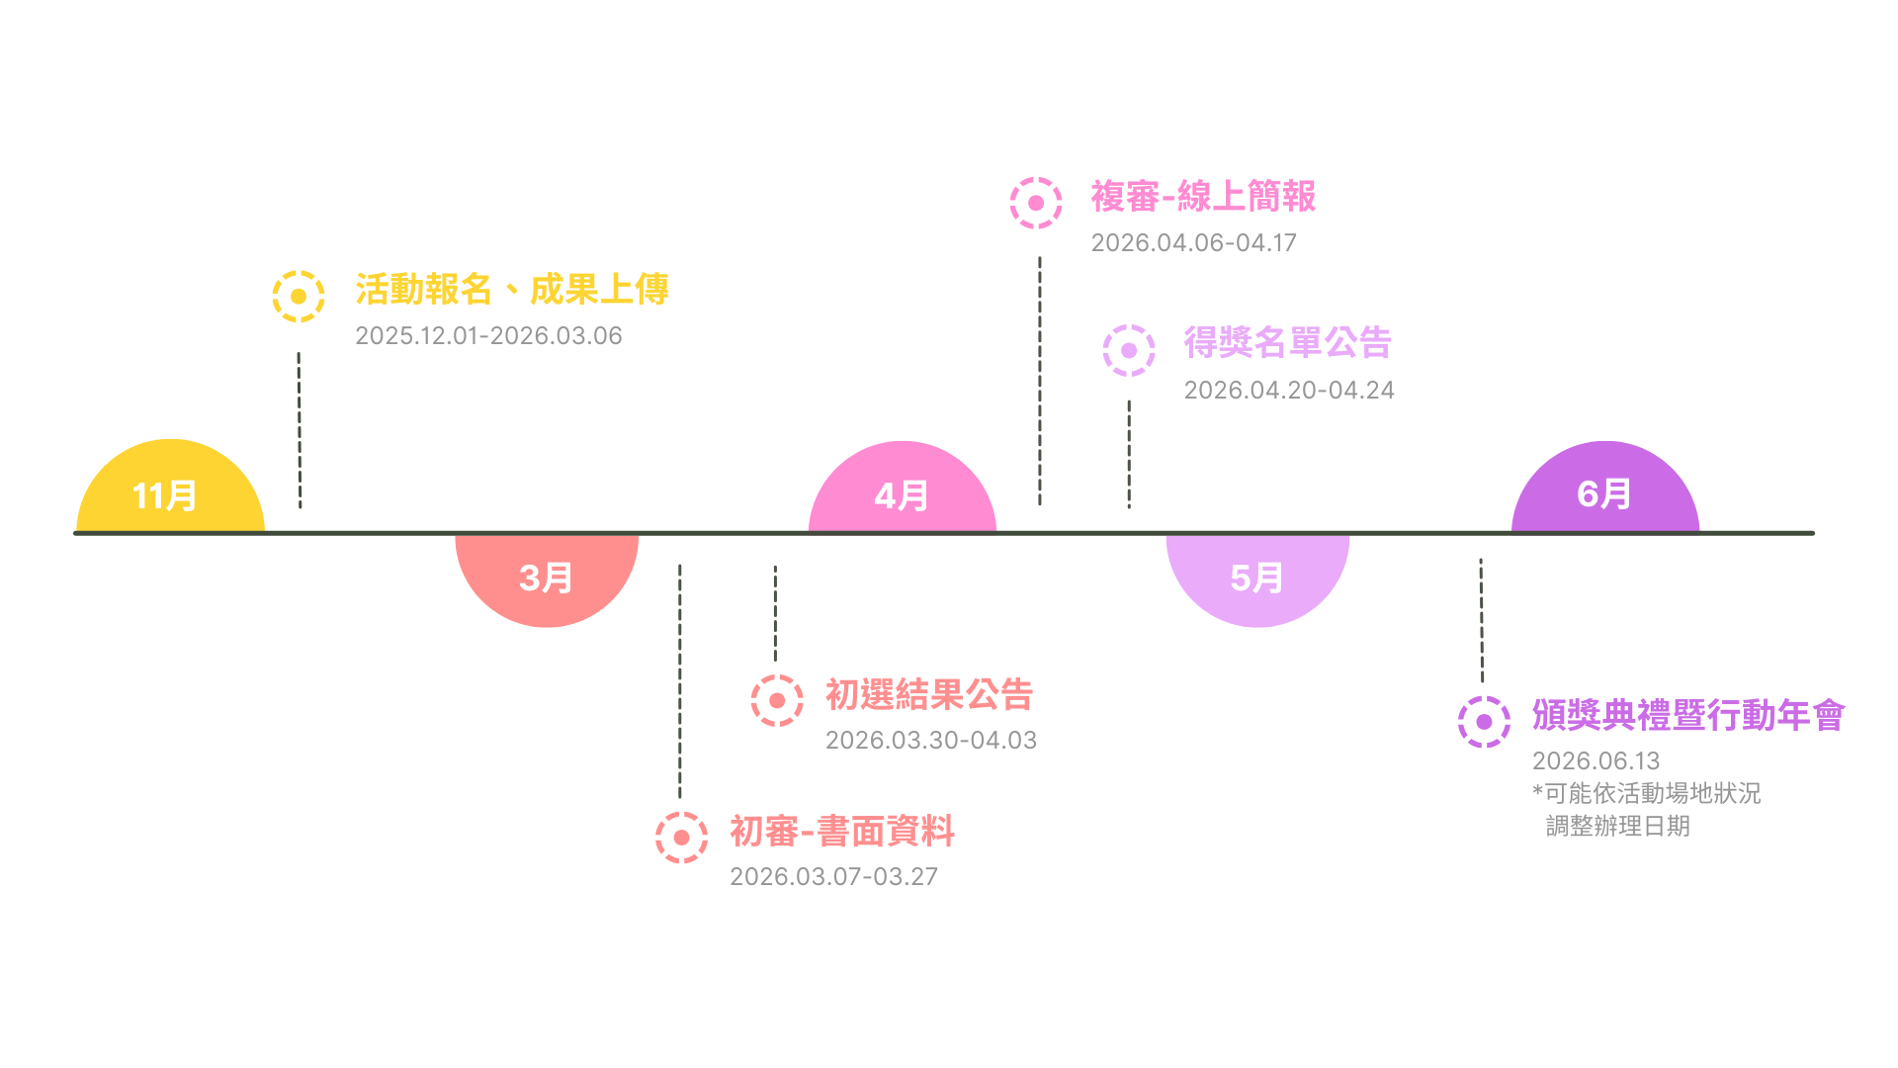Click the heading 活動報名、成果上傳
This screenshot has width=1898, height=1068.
tap(511, 290)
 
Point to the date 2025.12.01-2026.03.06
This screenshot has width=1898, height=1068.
tap(488, 336)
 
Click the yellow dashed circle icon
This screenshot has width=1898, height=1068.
tap(299, 297)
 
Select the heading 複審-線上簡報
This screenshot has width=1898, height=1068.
tap(1203, 197)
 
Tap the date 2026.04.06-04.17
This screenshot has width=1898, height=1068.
tap(1193, 243)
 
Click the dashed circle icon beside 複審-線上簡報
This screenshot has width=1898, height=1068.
tap(1036, 203)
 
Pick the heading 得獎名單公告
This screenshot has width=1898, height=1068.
tap(1287, 343)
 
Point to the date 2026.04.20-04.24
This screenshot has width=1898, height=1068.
tap(1289, 391)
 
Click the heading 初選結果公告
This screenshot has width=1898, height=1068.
tap(928, 695)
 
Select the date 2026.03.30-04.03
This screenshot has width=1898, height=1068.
tap(930, 741)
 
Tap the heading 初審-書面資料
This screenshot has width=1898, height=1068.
tap(842, 832)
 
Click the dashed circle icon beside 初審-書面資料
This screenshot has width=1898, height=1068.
tap(681, 838)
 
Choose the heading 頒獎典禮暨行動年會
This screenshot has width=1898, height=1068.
tap(1687, 715)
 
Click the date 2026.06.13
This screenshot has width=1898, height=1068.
tap(1596, 761)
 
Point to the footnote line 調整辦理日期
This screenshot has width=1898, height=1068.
tap(1617, 826)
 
